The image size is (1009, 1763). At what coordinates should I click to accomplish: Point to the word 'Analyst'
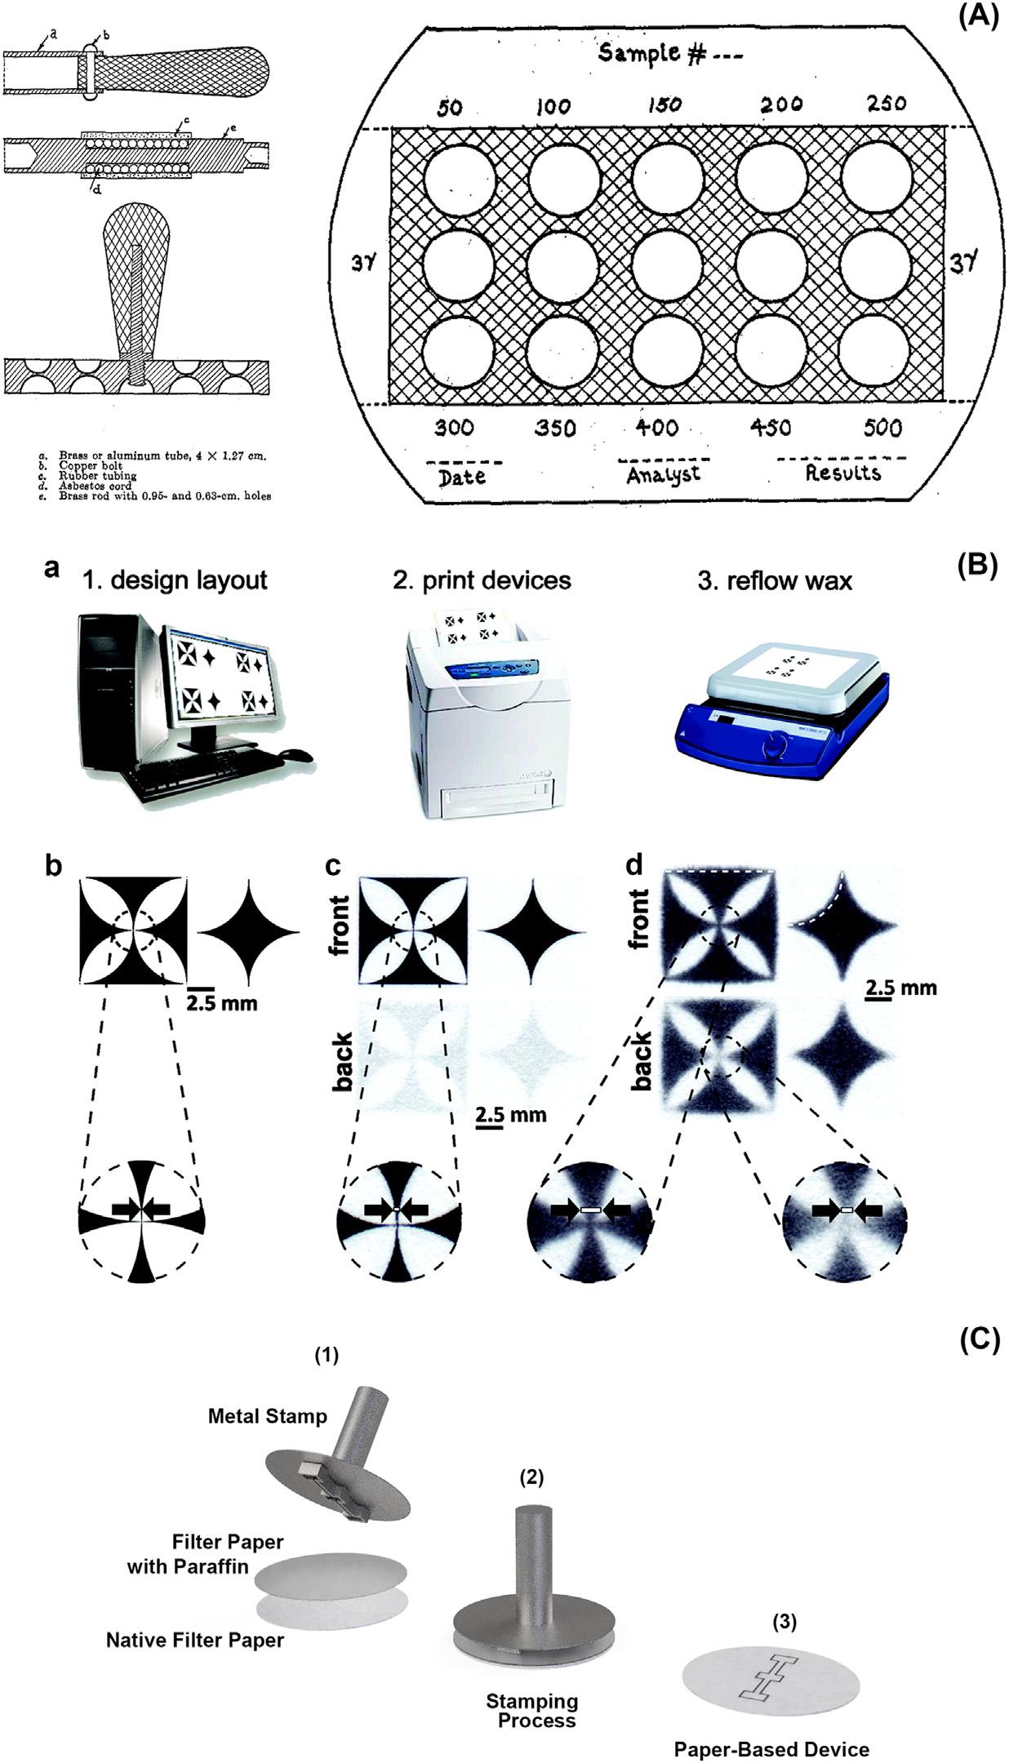pos(663,474)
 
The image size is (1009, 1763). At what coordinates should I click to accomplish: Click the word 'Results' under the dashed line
pos(842,472)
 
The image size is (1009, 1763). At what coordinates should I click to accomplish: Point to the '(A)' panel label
pos(977,17)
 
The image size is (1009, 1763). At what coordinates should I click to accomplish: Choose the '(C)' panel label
pos(977,1341)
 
